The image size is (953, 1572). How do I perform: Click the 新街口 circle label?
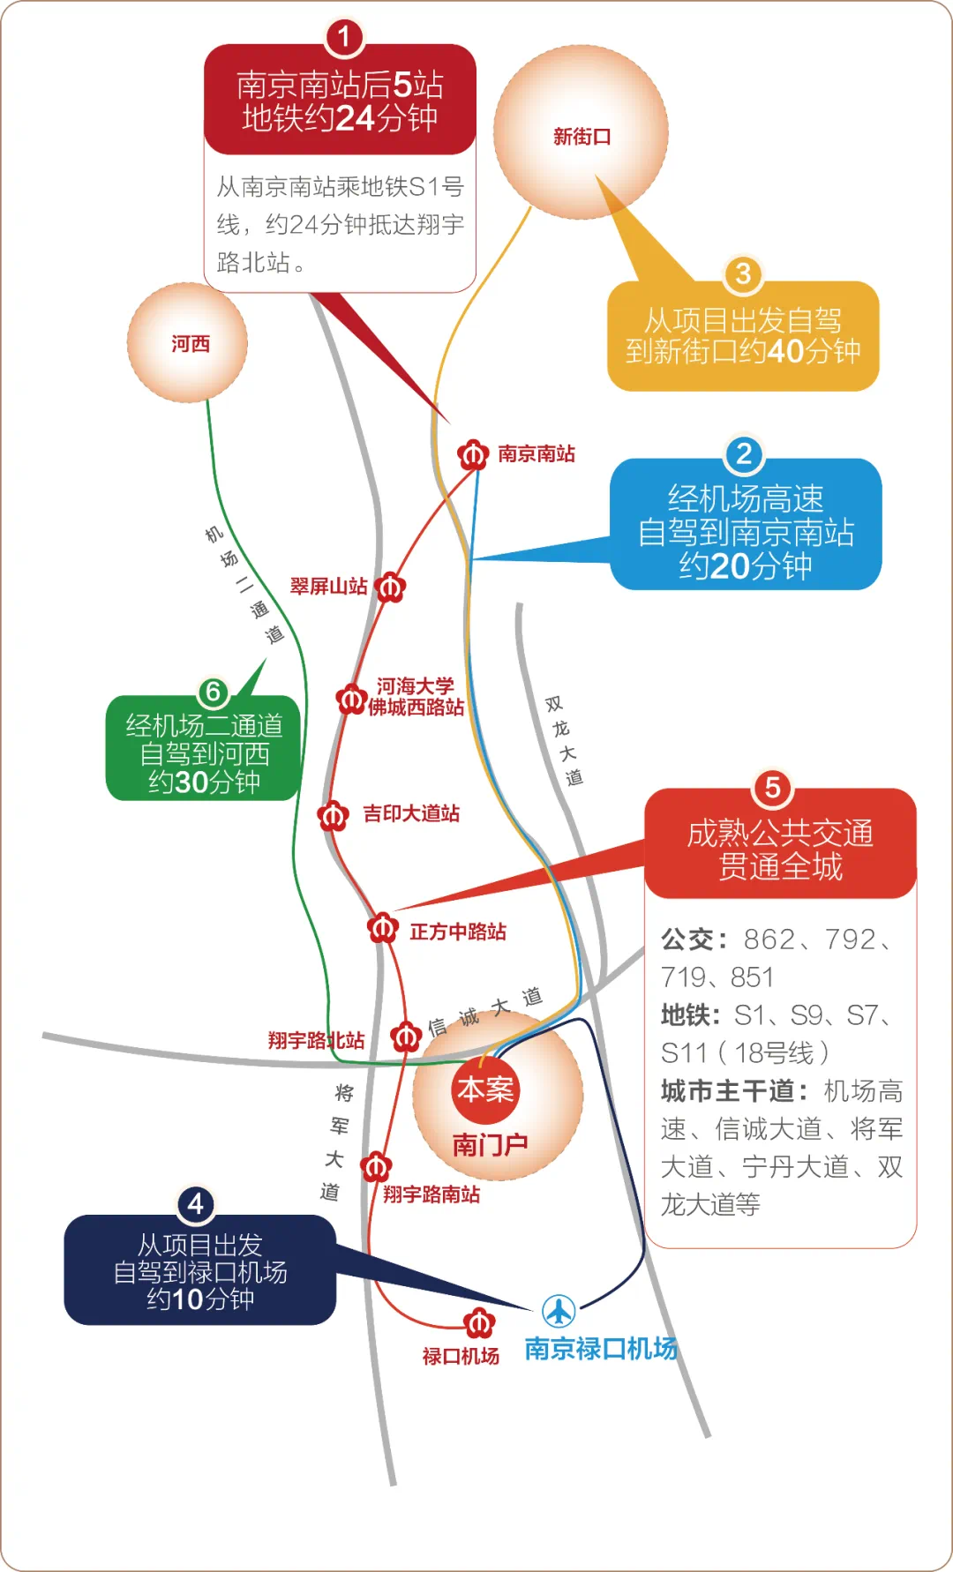(582, 137)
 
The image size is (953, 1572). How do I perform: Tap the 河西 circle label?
(190, 343)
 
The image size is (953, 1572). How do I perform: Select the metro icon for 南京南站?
(473, 455)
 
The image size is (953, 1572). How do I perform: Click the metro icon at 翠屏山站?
(390, 587)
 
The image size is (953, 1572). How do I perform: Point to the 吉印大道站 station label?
(411, 813)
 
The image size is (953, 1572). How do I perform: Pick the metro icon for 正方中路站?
(383, 928)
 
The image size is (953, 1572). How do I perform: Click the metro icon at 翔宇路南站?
(376, 1167)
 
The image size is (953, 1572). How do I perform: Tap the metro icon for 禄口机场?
(479, 1322)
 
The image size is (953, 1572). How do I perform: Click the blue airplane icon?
(559, 1311)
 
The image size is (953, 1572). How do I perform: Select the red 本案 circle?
(485, 1089)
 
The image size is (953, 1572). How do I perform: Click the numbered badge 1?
(344, 37)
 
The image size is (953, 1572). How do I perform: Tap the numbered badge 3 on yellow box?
(743, 274)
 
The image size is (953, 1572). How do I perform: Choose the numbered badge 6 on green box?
(213, 692)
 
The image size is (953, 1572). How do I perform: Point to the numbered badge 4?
(196, 1204)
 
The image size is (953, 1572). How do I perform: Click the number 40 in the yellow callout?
(784, 351)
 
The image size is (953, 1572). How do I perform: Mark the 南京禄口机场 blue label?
(601, 1349)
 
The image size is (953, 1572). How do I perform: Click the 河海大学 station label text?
(415, 685)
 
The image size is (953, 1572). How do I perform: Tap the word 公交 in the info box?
(687, 939)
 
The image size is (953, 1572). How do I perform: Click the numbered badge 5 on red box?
(772, 787)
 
